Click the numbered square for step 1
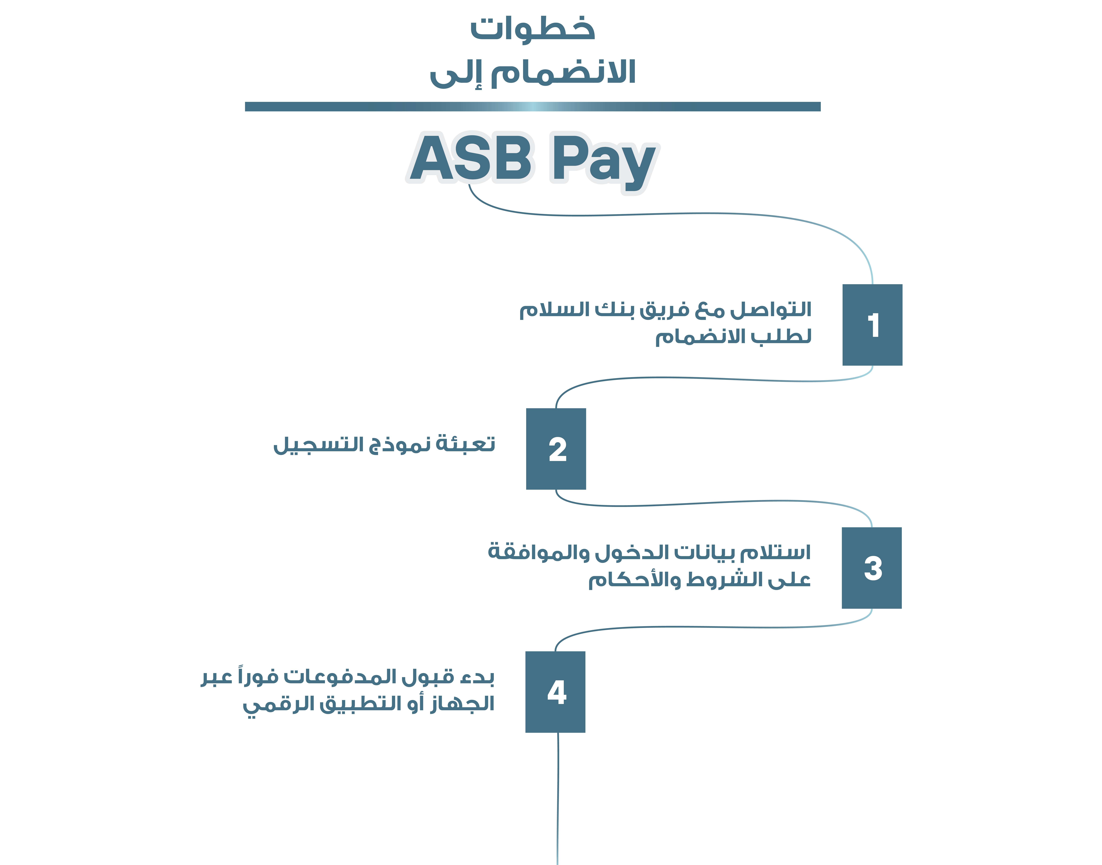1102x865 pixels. (872, 325)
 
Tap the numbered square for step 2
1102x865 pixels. (556, 449)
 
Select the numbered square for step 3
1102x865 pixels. (871, 568)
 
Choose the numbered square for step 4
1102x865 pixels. (555, 692)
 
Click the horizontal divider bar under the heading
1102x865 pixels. (532, 106)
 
